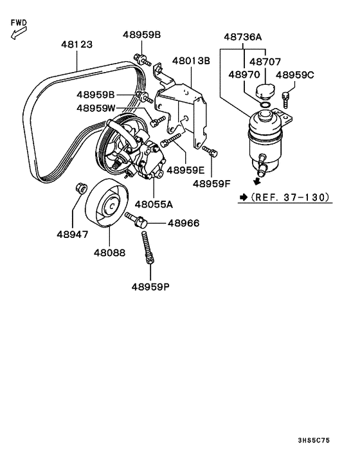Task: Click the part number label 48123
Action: coord(76,45)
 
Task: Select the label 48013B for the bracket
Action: coord(191,61)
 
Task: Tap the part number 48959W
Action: coord(96,108)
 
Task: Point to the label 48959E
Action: coord(186,170)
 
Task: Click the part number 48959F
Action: coord(212,183)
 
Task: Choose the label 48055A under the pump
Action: coord(153,204)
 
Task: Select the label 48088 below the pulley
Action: coord(111,253)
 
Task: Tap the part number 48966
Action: coord(183,224)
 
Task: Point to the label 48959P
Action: coord(151,287)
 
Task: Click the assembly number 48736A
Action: coord(243,37)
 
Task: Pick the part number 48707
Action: coord(265,62)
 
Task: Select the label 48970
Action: coord(243,75)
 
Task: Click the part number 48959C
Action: coord(295,75)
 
